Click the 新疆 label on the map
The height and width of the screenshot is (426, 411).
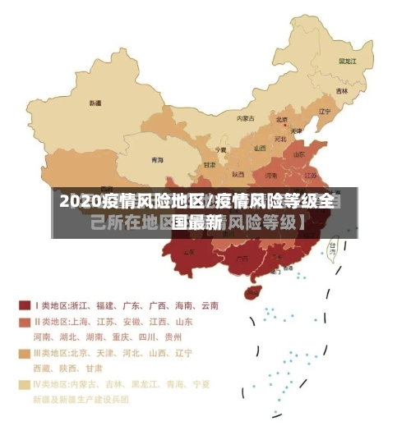pos(95,104)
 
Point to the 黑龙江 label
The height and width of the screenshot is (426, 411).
pos(348,61)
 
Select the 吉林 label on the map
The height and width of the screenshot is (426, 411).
pos(341,90)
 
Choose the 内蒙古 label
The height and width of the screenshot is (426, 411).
pos(246,118)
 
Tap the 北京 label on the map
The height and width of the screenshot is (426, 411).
pos(282,119)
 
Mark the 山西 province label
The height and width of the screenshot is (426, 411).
pos(260,149)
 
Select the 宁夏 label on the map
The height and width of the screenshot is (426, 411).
pos(220,150)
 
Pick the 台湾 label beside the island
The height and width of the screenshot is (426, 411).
pos(333,245)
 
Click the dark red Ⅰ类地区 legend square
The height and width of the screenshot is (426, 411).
pos(24,305)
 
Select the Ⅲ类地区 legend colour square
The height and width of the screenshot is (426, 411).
pos(24,353)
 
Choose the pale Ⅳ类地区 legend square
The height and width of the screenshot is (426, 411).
pos(24,383)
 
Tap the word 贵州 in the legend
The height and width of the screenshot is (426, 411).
pos(173,337)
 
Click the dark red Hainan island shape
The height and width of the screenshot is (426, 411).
pos(254,291)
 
